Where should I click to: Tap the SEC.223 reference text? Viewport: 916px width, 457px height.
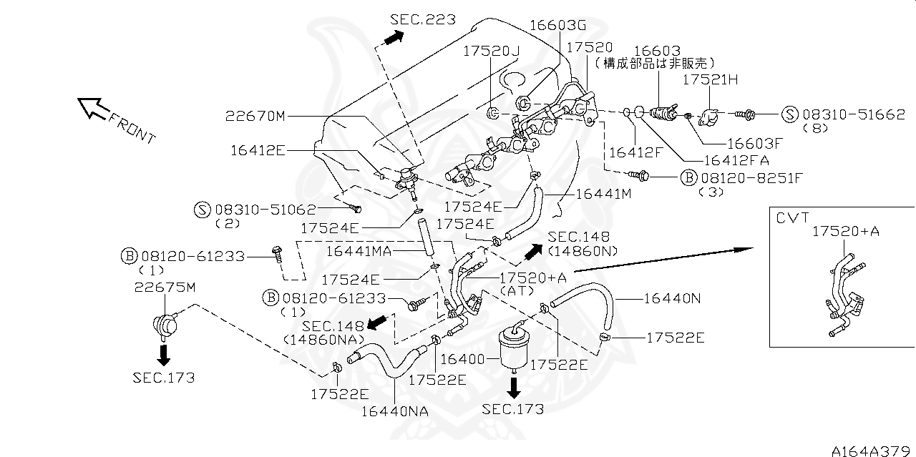coord(424,20)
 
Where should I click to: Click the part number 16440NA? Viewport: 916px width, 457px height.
coord(394,411)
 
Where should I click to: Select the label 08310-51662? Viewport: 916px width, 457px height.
coord(853,114)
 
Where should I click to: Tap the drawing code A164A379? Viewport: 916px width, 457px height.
coord(873,451)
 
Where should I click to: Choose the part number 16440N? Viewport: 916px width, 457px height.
coord(673,299)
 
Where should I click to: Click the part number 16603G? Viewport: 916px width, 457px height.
coord(557,25)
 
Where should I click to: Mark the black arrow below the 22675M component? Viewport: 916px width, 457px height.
coord(164,354)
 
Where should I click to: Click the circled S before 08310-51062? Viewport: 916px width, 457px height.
coord(203,210)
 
